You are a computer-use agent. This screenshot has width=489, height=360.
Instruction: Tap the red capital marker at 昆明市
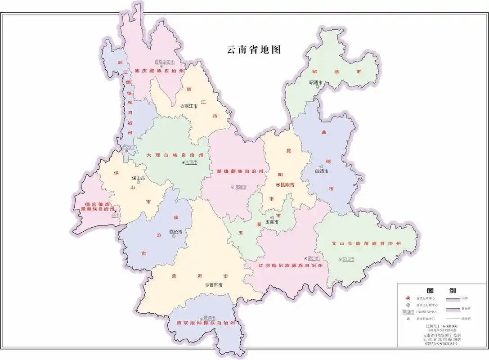278,185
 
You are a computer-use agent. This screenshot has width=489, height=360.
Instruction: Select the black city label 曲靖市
322,171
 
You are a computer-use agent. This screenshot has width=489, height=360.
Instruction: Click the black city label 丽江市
191,106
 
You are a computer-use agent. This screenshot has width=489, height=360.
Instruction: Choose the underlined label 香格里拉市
164,62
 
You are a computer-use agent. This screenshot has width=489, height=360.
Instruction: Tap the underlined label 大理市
191,162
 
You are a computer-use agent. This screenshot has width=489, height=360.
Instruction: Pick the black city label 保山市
138,178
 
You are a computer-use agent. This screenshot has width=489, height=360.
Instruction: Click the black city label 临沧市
175,232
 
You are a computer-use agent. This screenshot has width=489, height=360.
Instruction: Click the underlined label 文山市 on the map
348,259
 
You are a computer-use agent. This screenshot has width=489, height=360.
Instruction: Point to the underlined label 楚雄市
241,187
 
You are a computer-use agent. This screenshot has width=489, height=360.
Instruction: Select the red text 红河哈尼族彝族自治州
291,265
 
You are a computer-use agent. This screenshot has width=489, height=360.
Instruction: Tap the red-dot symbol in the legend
408,298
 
